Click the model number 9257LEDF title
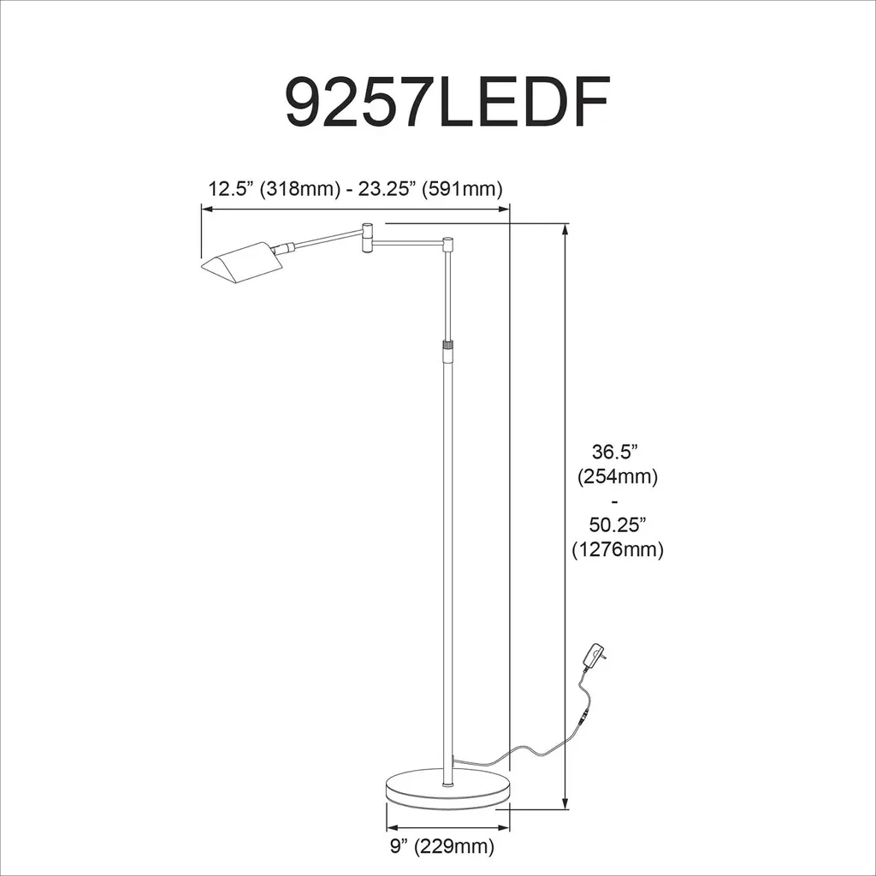click(x=447, y=102)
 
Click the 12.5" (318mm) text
click(x=274, y=188)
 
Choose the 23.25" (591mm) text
click(x=430, y=188)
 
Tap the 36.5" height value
click(x=615, y=452)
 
